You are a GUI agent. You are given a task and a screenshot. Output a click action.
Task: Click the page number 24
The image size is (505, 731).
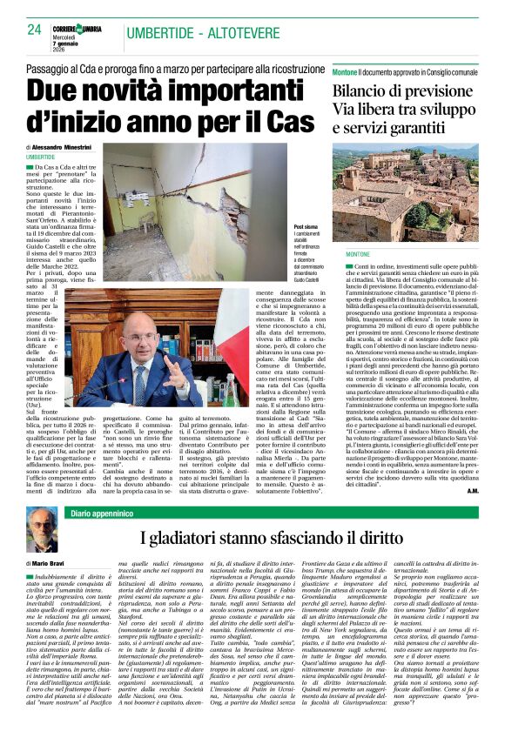pos(35,29)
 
